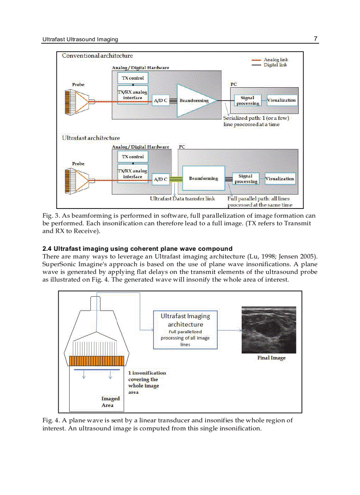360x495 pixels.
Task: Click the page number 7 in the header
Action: click(315, 39)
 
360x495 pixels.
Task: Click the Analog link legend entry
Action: click(276, 60)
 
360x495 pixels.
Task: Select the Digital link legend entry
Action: click(276, 65)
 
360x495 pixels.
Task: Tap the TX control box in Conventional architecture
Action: click(133, 78)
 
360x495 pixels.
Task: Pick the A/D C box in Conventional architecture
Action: click(160, 101)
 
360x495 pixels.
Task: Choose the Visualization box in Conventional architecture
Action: click(281, 100)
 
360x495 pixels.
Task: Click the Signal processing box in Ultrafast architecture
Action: click(246, 179)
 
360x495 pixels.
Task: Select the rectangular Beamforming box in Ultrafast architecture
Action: click(203, 179)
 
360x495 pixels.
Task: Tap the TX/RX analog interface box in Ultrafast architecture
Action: click(132, 174)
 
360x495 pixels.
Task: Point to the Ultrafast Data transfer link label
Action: click(182, 199)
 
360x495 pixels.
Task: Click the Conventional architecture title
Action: click(97, 56)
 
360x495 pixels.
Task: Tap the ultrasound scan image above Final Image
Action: click(269, 329)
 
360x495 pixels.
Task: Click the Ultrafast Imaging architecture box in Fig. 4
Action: click(185, 330)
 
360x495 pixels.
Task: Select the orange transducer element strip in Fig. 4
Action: click(98, 360)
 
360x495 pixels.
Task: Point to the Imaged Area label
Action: click(108, 402)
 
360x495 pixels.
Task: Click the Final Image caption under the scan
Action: click(271, 358)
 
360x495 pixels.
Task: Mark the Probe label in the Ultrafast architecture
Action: click(78, 164)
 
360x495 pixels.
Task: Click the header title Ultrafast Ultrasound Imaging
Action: click(80, 39)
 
